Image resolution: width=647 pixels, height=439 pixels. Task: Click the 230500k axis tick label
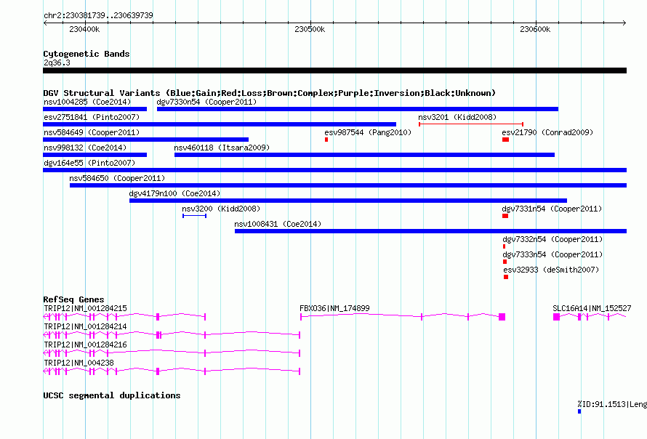pyautogui.click(x=310, y=29)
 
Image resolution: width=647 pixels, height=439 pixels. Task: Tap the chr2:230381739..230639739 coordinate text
pyautogui.click(x=98, y=15)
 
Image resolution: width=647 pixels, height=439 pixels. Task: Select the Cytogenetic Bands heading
pyautogui.click(x=87, y=54)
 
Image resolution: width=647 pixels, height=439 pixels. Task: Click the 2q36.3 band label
pyautogui.click(x=57, y=63)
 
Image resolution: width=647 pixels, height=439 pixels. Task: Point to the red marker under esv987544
pyautogui.click(x=326, y=140)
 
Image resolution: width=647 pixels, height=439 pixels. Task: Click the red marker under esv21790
pyautogui.click(x=505, y=140)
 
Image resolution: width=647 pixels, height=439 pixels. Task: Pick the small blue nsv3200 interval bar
pyautogui.click(x=194, y=216)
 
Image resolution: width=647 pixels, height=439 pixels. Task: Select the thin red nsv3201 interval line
pyautogui.click(x=471, y=124)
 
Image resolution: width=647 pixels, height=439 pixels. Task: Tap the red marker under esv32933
pyautogui.click(x=506, y=277)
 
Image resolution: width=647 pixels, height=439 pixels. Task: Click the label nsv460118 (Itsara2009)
pyautogui.click(x=222, y=148)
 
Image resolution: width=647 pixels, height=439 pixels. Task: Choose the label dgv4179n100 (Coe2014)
pyautogui.click(x=174, y=193)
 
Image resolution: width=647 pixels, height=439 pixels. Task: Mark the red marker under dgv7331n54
pyautogui.click(x=505, y=216)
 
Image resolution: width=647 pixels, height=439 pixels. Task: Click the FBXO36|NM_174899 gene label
pyautogui.click(x=334, y=308)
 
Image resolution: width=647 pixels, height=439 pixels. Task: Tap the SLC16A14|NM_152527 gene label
pyautogui.click(x=592, y=308)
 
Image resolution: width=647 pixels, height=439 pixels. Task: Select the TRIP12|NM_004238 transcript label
pyautogui.click(x=79, y=363)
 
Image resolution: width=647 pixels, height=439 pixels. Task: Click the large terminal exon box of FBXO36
pyautogui.click(x=502, y=316)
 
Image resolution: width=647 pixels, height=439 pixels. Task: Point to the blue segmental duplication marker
pyautogui.click(x=579, y=411)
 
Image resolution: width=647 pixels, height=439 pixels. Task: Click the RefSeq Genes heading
pyautogui.click(x=73, y=299)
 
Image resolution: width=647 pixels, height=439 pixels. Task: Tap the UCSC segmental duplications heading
pyautogui.click(x=112, y=395)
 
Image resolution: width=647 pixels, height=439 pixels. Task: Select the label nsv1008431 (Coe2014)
pyautogui.click(x=278, y=224)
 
